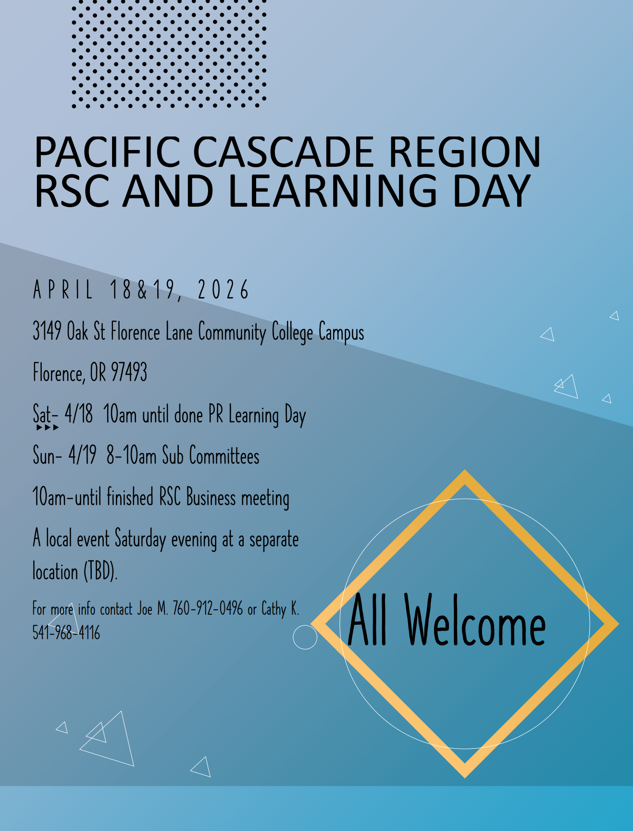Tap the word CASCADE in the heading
pos(283,151)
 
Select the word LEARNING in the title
pos(333,191)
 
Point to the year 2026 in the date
pos(223,289)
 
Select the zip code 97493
pos(129,372)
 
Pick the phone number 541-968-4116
pos(66,633)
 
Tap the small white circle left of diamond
pos(305,637)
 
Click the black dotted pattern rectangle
pos(169,54)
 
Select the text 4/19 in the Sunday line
pos(82,455)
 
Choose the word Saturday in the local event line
pos(140,539)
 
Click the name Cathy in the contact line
pos(273,609)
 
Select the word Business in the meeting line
pos(211,497)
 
